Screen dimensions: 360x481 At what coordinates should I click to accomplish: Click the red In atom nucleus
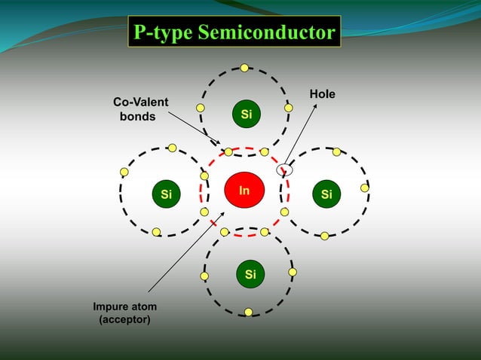244,191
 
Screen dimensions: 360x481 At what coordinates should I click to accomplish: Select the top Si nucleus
246,114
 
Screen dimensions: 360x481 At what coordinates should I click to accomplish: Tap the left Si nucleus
166,194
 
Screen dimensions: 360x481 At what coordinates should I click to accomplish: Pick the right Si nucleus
326,194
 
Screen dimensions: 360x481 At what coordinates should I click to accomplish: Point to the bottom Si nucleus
250,274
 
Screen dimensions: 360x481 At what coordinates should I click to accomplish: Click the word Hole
322,94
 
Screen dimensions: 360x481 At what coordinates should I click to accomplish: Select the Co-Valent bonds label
140,109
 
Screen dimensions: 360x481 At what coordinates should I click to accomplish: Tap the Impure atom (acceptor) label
125,313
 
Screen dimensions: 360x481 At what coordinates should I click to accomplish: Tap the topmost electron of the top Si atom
244,68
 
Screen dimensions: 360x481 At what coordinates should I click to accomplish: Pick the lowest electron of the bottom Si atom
248,312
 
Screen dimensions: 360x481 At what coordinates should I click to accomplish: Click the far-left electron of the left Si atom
124,172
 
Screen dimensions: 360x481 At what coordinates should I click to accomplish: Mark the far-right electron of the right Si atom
365,188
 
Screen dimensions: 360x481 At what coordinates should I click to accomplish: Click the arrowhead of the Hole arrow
314,105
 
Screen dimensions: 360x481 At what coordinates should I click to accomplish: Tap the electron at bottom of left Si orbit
156,232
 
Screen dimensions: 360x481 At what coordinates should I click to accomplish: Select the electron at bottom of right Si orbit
324,236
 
